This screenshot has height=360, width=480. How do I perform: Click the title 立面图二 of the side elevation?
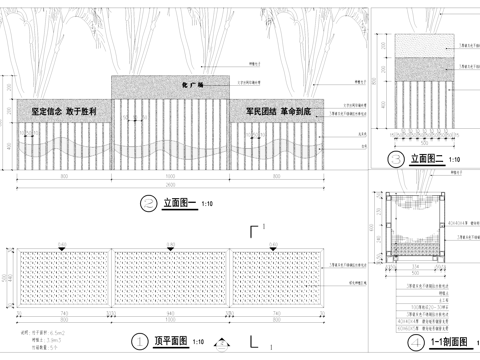pyautogui.click(x=427, y=159)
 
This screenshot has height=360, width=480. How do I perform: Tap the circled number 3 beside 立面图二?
pyautogui.click(x=397, y=159)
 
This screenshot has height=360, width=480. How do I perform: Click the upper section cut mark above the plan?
pyautogui.click(x=255, y=232)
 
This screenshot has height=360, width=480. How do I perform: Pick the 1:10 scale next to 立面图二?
pyautogui.click(x=454, y=160)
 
